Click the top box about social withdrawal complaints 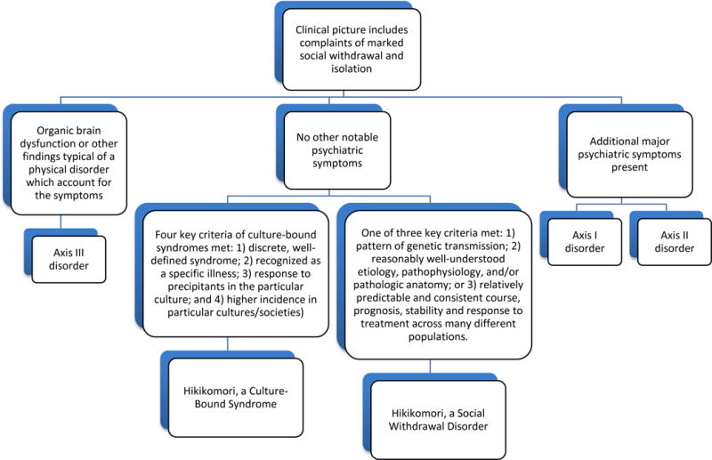(x=352, y=49)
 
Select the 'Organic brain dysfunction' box (x=69, y=163)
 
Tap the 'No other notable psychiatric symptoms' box (x=337, y=150)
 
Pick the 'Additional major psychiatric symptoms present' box (x=629, y=154)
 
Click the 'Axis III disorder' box (x=69, y=259)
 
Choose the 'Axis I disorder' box (x=585, y=242)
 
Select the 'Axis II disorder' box (x=675, y=242)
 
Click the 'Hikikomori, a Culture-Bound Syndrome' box (x=235, y=398)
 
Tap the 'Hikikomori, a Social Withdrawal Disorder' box (x=438, y=420)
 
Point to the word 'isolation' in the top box (x=352, y=69)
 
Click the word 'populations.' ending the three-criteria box (x=438, y=337)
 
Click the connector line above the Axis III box (x=61, y=222)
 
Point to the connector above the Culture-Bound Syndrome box (x=228, y=343)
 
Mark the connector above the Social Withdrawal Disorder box (x=431, y=366)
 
